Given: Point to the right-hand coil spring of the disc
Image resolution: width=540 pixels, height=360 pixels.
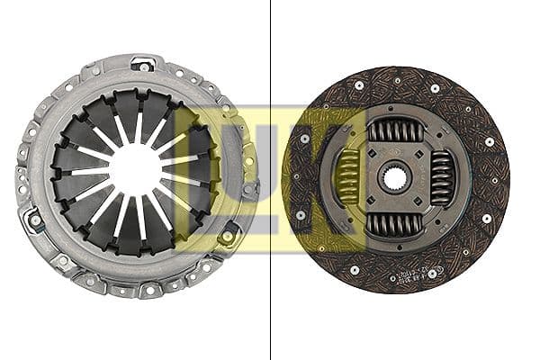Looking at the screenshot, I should coord(441,177).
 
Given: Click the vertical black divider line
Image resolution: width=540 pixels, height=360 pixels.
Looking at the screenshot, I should coord(271,180).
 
